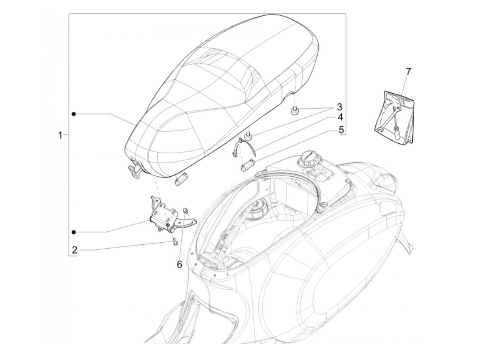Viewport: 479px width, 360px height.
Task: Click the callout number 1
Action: click(x=60, y=136)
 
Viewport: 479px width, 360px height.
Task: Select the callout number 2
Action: click(x=75, y=250)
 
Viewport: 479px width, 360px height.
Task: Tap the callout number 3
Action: click(x=339, y=107)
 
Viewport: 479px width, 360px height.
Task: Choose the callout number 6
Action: click(x=179, y=265)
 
